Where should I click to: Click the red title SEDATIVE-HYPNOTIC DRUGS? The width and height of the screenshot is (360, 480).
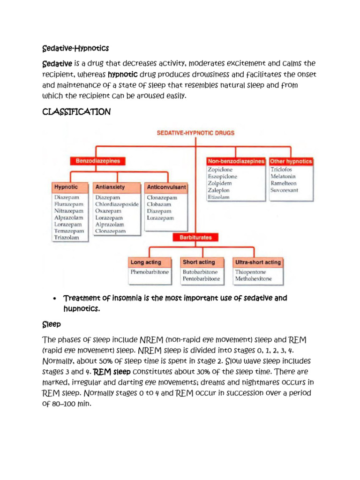[195, 133]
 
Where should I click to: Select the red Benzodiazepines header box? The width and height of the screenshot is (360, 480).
[98, 161]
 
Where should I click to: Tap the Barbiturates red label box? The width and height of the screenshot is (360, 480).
[195, 238]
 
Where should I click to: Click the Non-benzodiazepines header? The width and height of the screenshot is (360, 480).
[236, 161]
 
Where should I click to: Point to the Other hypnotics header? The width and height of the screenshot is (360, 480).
[291, 161]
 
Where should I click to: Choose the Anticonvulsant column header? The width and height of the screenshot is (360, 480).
[166, 187]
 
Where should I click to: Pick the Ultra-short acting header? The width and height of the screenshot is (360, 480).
[258, 262]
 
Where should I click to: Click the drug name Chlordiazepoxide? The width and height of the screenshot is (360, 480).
[117, 204]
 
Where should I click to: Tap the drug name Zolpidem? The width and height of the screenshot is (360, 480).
[220, 183]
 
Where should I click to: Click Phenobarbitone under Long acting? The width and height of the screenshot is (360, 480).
[150, 272]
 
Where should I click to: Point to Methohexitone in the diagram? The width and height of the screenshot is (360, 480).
[253, 279]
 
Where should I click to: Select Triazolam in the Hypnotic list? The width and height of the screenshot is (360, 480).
[67, 238]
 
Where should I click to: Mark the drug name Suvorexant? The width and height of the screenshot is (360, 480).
[285, 190]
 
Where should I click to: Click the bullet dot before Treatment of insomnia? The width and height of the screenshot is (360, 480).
[55, 299]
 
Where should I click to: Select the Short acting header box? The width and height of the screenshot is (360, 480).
[199, 262]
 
